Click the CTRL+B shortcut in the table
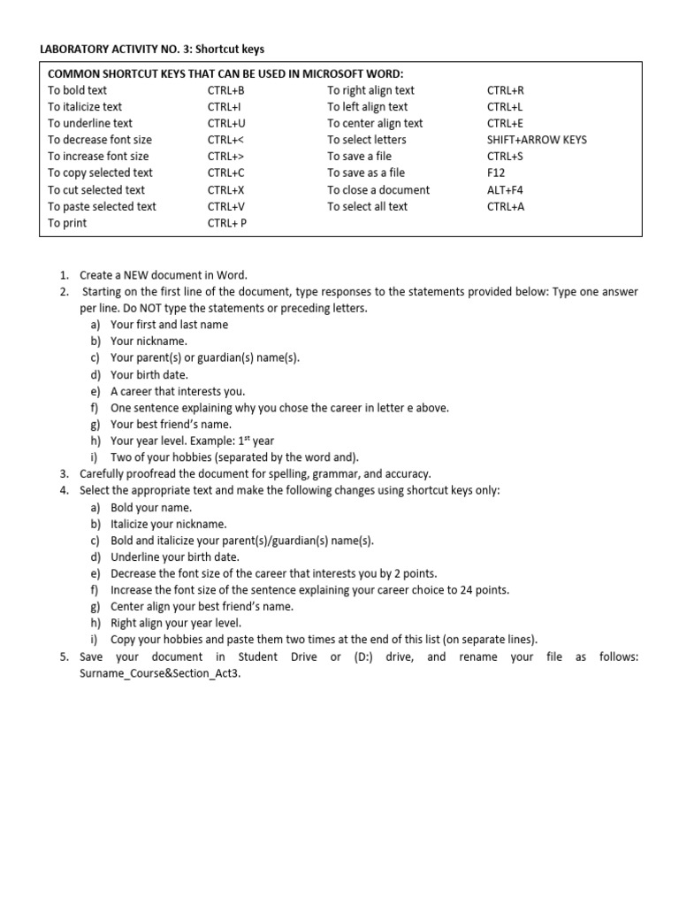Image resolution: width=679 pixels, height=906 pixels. click(x=225, y=90)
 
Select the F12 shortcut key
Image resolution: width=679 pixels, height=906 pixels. click(x=496, y=173)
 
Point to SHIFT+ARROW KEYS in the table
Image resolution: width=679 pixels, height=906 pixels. click(x=537, y=140)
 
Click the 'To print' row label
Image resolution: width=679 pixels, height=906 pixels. click(x=67, y=223)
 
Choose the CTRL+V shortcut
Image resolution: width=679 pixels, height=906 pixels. click(x=225, y=207)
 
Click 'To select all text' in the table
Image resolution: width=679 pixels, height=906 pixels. click(x=367, y=207)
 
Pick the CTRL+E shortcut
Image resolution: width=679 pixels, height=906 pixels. click(x=505, y=124)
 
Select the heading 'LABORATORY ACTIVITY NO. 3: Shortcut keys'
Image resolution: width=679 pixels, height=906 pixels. click(x=152, y=49)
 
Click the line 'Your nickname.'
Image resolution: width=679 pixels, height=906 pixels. click(x=149, y=341)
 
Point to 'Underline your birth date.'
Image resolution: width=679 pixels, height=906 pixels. click(x=175, y=557)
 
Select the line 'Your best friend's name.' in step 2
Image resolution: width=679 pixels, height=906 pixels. click(x=171, y=425)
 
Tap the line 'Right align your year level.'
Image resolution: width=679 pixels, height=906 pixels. click(x=176, y=623)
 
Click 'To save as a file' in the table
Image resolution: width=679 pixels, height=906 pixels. click(x=366, y=173)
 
